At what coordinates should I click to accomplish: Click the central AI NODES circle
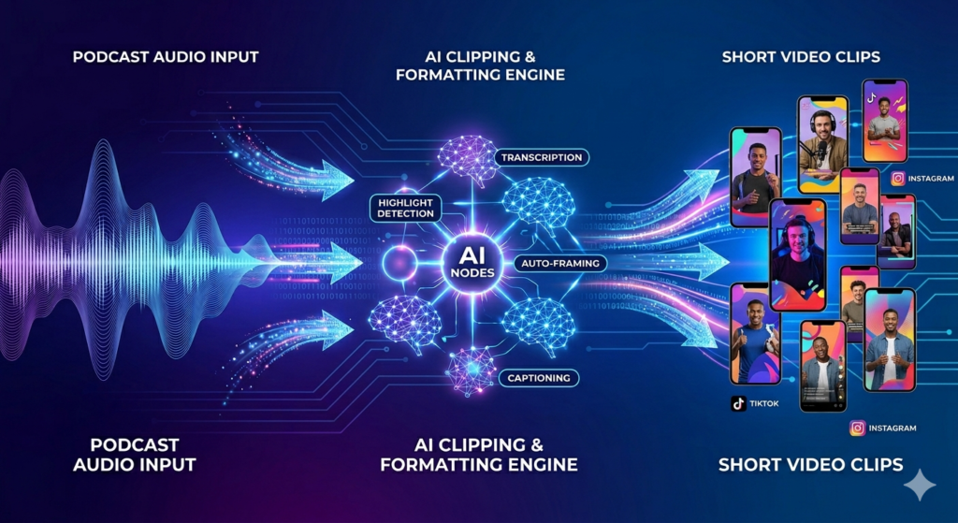(x=472, y=264)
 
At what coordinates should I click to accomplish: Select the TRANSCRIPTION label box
(x=542, y=157)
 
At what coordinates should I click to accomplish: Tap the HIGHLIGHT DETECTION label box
(x=405, y=208)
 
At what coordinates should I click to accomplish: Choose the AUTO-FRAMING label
(x=559, y=263)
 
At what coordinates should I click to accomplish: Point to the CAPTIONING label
(x=539, y=378)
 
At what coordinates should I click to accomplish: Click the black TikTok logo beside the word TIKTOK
(x=738, y=403)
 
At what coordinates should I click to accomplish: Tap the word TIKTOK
(x=763, y=403)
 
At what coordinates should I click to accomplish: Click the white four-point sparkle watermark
(x=920, y=486)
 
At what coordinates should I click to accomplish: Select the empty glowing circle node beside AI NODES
(x=399, y=264)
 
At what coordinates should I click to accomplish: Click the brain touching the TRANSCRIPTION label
(x=469, y=160)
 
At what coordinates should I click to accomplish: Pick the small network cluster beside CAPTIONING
(x=472, y=370)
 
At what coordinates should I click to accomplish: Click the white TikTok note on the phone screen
(x=871, y=96)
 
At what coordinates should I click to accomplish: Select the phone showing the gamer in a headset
(x=797, y=254)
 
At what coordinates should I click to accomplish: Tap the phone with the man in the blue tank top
(x=756, y=334)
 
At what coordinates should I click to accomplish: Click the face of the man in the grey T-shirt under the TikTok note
(x=883, y=107)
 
